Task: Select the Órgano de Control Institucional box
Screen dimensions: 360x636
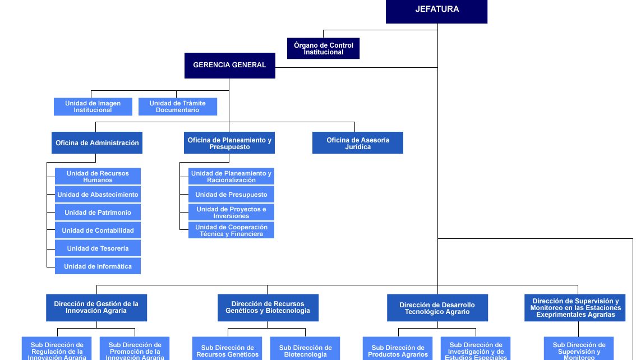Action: coord(323,48)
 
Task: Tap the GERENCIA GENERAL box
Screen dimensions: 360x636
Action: coord(229,65)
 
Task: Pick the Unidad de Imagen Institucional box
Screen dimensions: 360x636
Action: coord(93,107)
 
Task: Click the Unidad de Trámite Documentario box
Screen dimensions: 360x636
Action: coord(177,107)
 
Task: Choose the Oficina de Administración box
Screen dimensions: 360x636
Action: coord(97,143)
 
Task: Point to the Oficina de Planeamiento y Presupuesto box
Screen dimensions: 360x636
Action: coord(229,143)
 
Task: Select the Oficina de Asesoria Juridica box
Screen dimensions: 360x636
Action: coord(357,143)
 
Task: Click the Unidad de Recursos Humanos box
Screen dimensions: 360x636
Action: coord(98,177)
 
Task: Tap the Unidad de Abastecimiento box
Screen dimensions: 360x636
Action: coord(98,195)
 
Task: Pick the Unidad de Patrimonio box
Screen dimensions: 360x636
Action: coord(98,213)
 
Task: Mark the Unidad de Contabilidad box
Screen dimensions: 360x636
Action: coord(98,230)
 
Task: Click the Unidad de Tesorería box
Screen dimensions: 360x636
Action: coord(98,248)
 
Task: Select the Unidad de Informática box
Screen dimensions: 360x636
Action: coord(98,266)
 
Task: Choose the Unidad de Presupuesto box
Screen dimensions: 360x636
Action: coord(231,195)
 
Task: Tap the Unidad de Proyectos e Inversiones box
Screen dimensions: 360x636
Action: coord(231,213)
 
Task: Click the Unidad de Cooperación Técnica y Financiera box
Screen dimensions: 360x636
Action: coord(231,230)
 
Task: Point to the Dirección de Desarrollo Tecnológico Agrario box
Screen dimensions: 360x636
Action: coord(437,308)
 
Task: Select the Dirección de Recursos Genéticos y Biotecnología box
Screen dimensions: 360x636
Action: coord(268,307)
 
